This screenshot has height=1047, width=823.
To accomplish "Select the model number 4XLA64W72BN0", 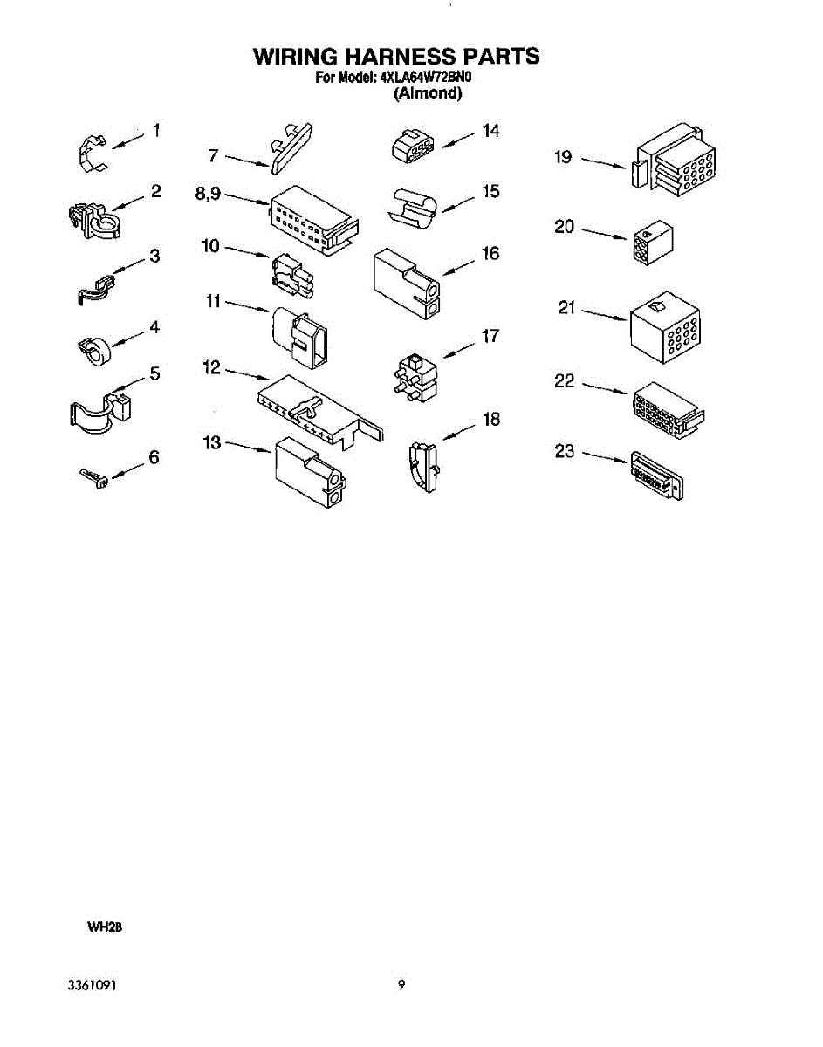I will coord(425,78).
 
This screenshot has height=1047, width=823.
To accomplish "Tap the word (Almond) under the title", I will coord(427,93).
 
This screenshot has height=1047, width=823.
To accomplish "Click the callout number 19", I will coord(563,157).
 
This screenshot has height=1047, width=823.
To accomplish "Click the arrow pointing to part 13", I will coord(249,447).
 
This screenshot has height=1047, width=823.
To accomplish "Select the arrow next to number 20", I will coord(604,233).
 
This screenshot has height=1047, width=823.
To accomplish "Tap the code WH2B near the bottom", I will coord(102,928).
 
